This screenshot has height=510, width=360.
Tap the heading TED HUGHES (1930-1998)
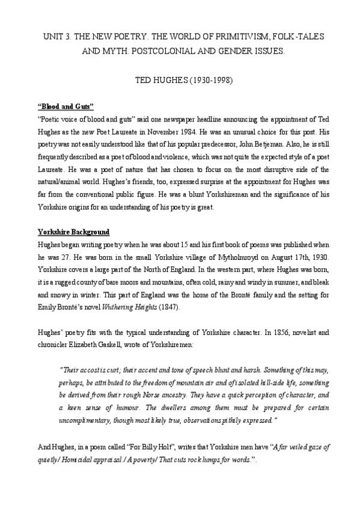pos(180,80)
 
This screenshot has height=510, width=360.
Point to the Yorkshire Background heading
pos(73,232)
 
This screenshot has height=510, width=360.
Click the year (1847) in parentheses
pos(167,308)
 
